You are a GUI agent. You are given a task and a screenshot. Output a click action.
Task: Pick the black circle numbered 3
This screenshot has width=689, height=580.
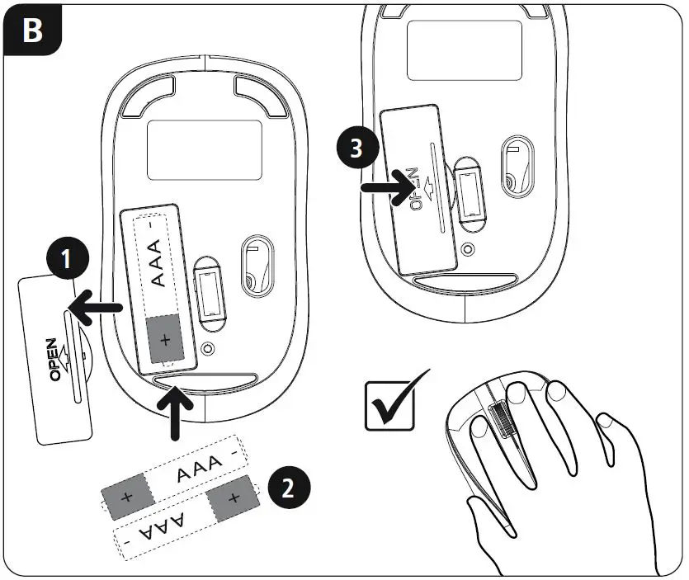pyautogui.click(x=355, y=149)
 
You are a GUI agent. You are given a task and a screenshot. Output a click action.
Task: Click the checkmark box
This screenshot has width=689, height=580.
pyautogui.click(x=391, y=405)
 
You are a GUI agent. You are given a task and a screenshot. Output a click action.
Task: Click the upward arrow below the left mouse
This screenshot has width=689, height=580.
pyautogui.click(x=176, y=413)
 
